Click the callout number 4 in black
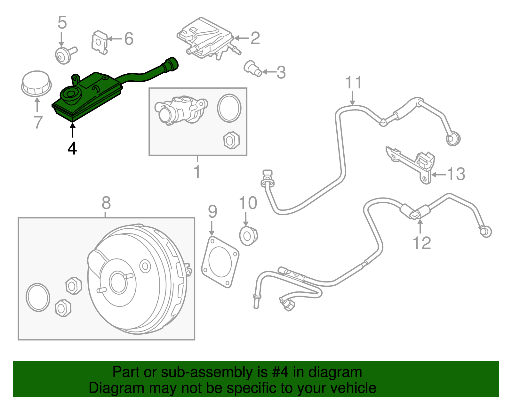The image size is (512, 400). [x=72, y=148]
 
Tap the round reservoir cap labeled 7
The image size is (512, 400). [x=36, y=84]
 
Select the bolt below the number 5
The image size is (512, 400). [x=64, y=55]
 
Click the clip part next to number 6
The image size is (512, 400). [x=99, y=42]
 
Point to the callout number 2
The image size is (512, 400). [x=255, y=38]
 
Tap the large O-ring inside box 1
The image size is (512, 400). [x=229, y=108]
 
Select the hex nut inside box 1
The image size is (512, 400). [x=231, y=140]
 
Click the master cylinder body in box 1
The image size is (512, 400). [x=181, y=110]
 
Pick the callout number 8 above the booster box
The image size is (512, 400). [x=106, y=203]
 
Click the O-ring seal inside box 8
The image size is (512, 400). [x=38, y=297]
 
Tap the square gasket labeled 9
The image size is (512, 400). [x=220, y=262]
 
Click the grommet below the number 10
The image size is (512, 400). [x=248, y=236]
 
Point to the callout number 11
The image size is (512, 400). [x=353, y=83]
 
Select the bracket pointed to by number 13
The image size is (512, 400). [x=413, y=164]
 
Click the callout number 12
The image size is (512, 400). [x=422, y=243]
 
